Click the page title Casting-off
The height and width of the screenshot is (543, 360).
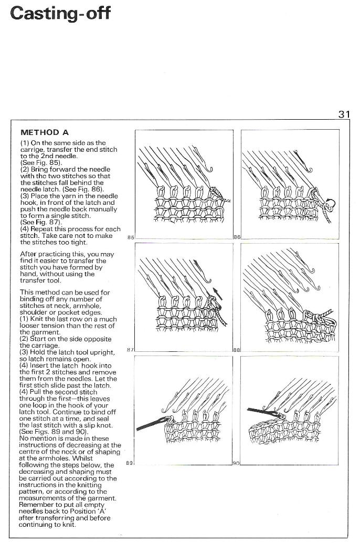pos(60,14)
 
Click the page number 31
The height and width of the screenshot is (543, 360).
pos(344,114)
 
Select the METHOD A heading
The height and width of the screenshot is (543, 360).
pos(45,132)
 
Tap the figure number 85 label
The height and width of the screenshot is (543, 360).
pos(131,237)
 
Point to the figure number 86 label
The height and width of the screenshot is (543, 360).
pos(237,237)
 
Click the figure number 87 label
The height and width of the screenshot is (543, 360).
pos(131,350)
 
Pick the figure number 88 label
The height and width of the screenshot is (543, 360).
pos(237,350)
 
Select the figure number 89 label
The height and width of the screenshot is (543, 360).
pos(130,463)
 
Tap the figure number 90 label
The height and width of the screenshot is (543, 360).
pos(236,463)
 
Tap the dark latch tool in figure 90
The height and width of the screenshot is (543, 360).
pos(262,412)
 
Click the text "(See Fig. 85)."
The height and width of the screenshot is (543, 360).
pos(41,163)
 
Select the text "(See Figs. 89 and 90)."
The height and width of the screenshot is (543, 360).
pos(54,432)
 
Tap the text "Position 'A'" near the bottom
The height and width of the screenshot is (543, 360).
pos(90,511)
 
